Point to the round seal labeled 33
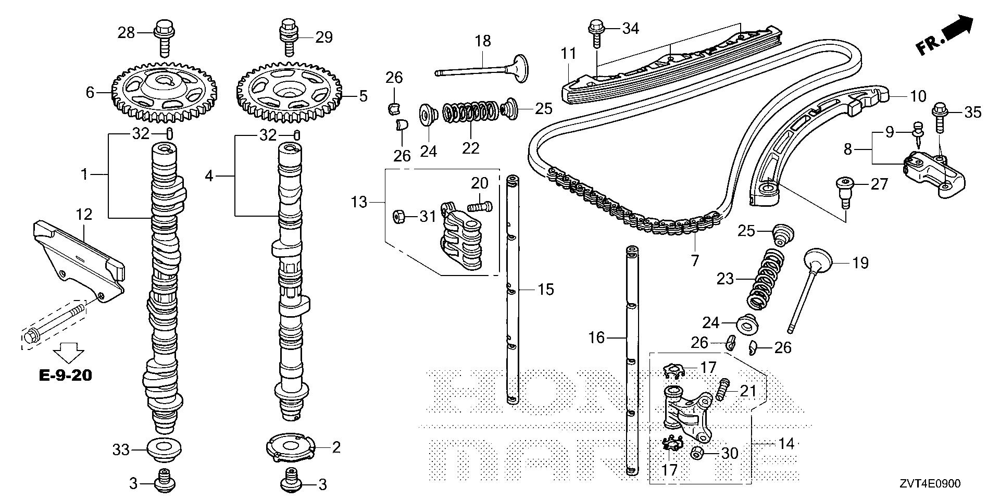tap(164, 448)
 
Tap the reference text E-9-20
tap(66, 374)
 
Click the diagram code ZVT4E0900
tap(928, 484)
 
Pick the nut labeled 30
tap(696, 453)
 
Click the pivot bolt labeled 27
tap(844, 189)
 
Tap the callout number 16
tap(596, 338)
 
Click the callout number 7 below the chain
tap(694, 260)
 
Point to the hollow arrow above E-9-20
tap(66, 351)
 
